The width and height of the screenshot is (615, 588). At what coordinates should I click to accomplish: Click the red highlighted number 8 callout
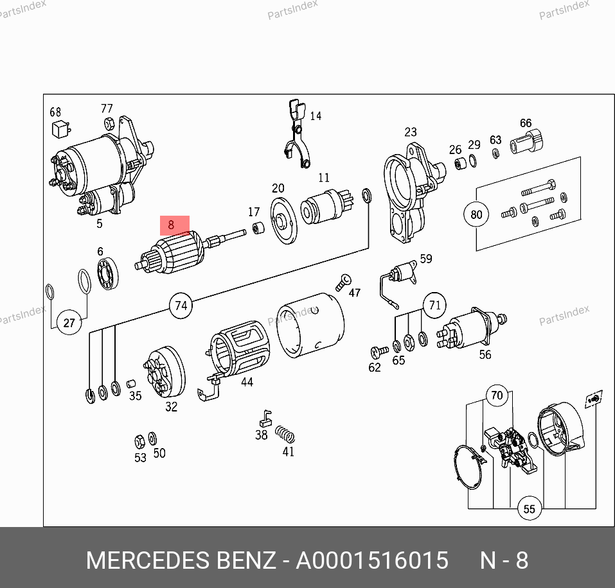[x=175, y=225]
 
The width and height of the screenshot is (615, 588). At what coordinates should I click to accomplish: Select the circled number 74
[x=181, y=306]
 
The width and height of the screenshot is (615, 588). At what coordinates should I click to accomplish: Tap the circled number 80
[x=476, y=214]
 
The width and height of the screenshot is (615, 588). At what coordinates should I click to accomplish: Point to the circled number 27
[x=69, y=323]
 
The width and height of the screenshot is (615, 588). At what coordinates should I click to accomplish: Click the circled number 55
[x=530, y=508]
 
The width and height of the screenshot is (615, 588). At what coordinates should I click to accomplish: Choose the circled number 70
[x=497, y=395]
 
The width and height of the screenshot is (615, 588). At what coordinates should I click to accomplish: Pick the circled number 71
[x=434, y=305]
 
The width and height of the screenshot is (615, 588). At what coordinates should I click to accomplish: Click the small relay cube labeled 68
[x=61, y=128]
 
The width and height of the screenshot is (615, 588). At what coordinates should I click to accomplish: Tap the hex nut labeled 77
[x=109, y=123]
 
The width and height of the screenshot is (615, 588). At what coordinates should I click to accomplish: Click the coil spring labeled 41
[x=285, y=435]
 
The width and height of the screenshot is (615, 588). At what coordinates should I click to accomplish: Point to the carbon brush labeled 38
[x=265, y=419]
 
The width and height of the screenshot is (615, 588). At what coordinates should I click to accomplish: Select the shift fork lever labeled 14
[x=298, y=133]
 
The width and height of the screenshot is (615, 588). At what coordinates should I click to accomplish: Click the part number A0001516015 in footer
[x=372, y=560]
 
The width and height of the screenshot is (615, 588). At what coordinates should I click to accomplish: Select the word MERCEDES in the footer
[x=148, y=560]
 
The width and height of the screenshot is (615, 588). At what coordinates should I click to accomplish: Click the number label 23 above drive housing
[x=411, y=132]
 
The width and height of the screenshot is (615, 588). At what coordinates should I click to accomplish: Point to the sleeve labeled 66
[x=527, y=143]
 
